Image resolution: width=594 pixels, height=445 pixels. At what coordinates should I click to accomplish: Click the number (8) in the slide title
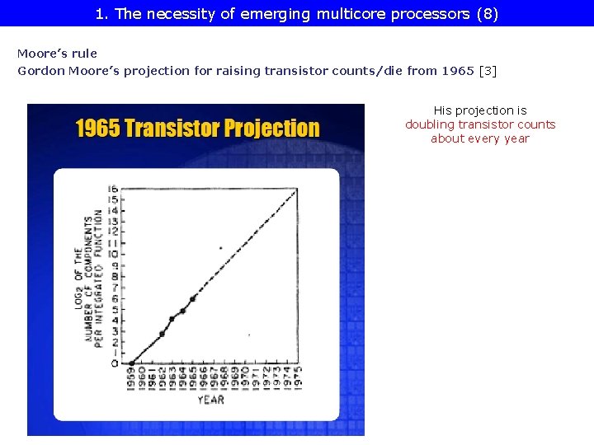[x=487, y=14]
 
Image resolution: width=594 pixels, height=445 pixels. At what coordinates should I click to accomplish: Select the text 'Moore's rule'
[x=57, y=54]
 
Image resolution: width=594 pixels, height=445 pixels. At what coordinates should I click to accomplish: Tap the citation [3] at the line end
[x=488, y=71]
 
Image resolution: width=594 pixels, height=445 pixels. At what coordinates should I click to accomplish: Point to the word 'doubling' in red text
[x=430, y=124]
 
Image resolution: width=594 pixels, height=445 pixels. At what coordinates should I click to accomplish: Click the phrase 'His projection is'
[x=480, y=110]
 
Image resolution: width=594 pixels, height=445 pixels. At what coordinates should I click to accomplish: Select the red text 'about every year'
[x=480, y=138]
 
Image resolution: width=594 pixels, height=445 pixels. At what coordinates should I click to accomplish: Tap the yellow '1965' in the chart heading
[x=97, y=129]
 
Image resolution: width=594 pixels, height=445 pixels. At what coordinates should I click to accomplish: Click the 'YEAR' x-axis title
[x=210, y=400]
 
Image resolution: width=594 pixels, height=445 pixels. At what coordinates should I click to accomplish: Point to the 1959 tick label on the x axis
[x=131, y=378]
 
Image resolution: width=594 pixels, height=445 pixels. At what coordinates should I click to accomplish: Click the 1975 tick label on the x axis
[x=298, y=378]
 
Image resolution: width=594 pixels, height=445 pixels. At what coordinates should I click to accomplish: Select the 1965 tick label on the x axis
[x=194, y=378]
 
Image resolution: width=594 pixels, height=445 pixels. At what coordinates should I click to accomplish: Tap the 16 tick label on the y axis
[x=113, y=190]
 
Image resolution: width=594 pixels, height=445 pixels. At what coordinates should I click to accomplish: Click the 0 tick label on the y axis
[x=113, y=363]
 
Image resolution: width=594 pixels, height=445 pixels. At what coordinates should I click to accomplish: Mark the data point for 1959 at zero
[x=131, y=363]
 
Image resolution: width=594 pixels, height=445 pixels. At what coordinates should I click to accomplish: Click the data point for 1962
[x=162, y=334]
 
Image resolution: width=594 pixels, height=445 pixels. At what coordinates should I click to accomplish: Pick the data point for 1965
[x=193, y=298]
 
